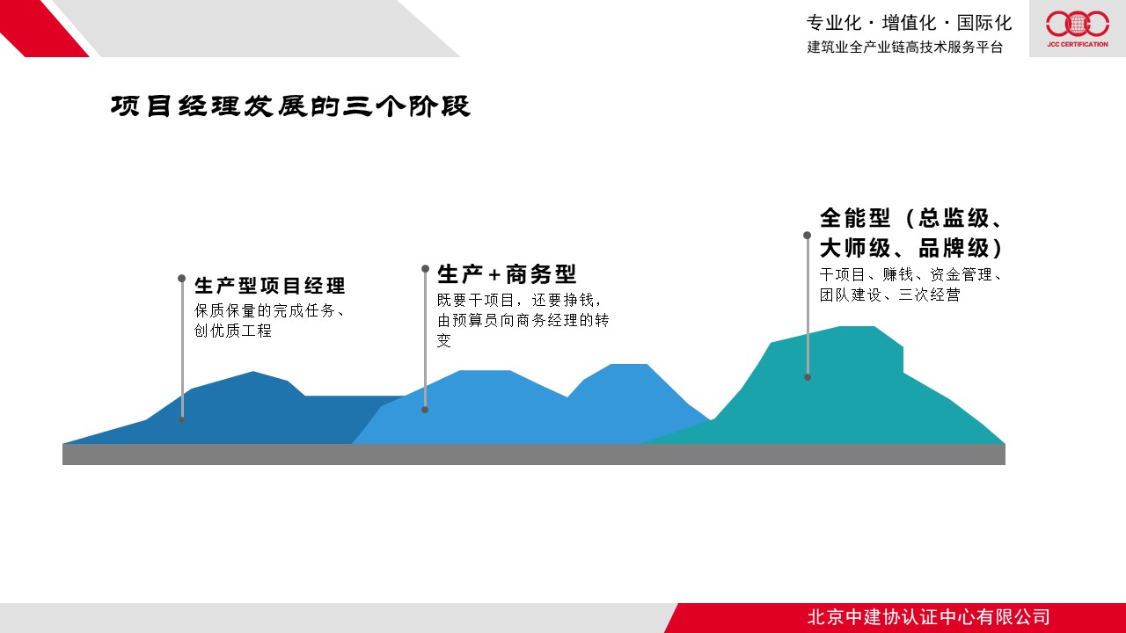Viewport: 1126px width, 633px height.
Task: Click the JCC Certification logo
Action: click(1078, 29)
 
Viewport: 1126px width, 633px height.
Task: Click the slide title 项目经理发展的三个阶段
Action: click(290, 106)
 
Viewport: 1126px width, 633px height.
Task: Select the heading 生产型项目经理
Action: click(270, 286)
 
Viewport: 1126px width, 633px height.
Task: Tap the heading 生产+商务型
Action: click(507, 274)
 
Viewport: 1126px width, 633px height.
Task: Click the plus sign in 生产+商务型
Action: click(494, 275)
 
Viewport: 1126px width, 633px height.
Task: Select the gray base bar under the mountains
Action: click(534, 455)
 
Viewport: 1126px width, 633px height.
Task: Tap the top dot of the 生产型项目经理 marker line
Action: click(181, 279)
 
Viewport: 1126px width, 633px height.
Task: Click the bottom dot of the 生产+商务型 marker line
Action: click(425, 410)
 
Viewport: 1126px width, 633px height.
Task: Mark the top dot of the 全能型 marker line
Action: click(807, 235)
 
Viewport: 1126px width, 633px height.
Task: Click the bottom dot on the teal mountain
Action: click(808, 377)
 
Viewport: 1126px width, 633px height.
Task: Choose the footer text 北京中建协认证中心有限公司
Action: click(928, 617)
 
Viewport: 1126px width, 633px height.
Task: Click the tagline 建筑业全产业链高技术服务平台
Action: click(905, 47)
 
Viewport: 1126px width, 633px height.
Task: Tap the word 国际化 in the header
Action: click(984, 23)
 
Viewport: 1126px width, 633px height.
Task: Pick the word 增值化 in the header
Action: click(909, 23)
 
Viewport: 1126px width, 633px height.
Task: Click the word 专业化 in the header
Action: click(834, 23)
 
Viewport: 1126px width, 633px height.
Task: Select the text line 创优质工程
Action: click(233, 331)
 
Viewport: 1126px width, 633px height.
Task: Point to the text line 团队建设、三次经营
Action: click(889, 295)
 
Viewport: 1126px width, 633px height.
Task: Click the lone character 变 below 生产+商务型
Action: click(444, 340)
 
